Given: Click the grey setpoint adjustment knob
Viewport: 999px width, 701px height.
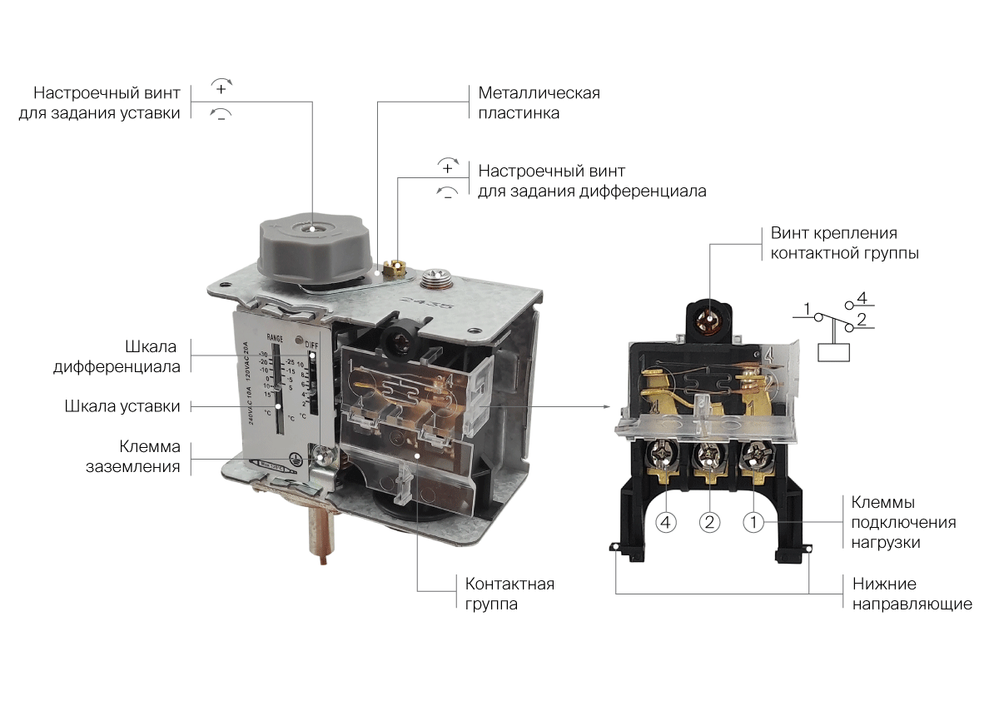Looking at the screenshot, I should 310,246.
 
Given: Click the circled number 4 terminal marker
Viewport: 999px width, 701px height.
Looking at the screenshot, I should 666,522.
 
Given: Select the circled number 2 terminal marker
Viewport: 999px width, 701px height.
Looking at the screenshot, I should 709,522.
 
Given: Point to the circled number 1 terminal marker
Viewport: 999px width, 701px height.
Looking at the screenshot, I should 753,522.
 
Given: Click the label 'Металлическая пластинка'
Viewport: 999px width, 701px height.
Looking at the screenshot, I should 539,102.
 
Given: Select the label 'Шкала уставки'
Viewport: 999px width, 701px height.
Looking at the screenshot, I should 122,406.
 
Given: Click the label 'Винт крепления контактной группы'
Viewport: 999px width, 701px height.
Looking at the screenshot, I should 844,243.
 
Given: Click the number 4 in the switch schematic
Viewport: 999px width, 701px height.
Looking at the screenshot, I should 862,297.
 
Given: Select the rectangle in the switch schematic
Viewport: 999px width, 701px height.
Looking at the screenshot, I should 833,350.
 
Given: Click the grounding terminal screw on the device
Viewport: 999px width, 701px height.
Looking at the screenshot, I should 322,455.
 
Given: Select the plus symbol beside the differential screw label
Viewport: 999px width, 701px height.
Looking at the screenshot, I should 447,168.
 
